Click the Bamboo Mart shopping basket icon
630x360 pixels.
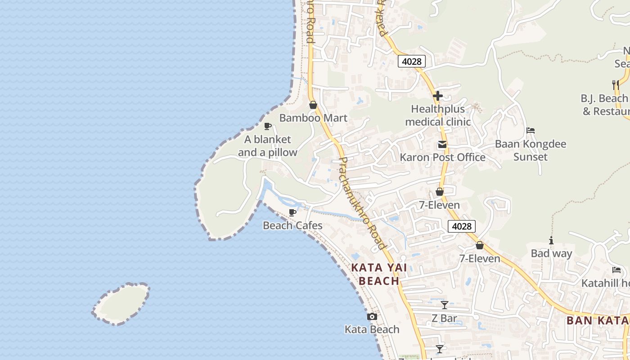point(313,105)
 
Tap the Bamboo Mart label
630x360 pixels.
point(313,118)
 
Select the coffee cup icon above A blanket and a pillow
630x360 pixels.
point(268,126)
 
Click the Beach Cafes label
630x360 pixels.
point(292,225)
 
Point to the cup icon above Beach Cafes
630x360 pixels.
point(292,212)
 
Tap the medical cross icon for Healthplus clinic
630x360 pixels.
point(437,96)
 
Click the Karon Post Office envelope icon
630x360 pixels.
point(442,144)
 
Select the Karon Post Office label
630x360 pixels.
point(442,157)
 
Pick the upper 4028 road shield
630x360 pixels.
point(411,61)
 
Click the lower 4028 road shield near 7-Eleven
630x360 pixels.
point(462,226)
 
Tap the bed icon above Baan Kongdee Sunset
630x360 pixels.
point(531,131)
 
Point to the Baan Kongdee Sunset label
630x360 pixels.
point(531,150)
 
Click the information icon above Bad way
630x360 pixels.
point(551,241)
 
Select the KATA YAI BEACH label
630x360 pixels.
point(379,274)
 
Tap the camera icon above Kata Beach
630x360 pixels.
point(372,317)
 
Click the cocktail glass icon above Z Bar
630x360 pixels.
point(445,305)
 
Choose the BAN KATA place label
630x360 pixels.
point(598,320)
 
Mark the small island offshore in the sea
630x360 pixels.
point(121,304)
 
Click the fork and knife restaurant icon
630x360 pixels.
point(615,84)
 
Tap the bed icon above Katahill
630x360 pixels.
point(616,270)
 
